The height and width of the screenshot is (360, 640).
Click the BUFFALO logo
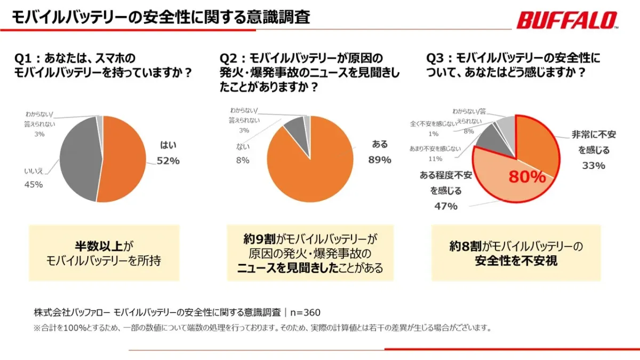[567, 21]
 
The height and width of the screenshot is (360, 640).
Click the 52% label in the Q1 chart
[168, 161]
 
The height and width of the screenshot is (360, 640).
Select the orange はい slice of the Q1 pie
[123, 160]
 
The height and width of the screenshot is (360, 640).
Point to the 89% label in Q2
[380, 160]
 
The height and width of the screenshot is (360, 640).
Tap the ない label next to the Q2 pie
[243, 146]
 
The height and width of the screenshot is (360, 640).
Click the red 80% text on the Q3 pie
[527, 177]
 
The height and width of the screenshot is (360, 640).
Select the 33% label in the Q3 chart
[594, 165]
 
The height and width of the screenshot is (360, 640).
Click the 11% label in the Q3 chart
[435, 158]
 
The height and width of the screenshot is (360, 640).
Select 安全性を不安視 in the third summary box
[516, 261]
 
